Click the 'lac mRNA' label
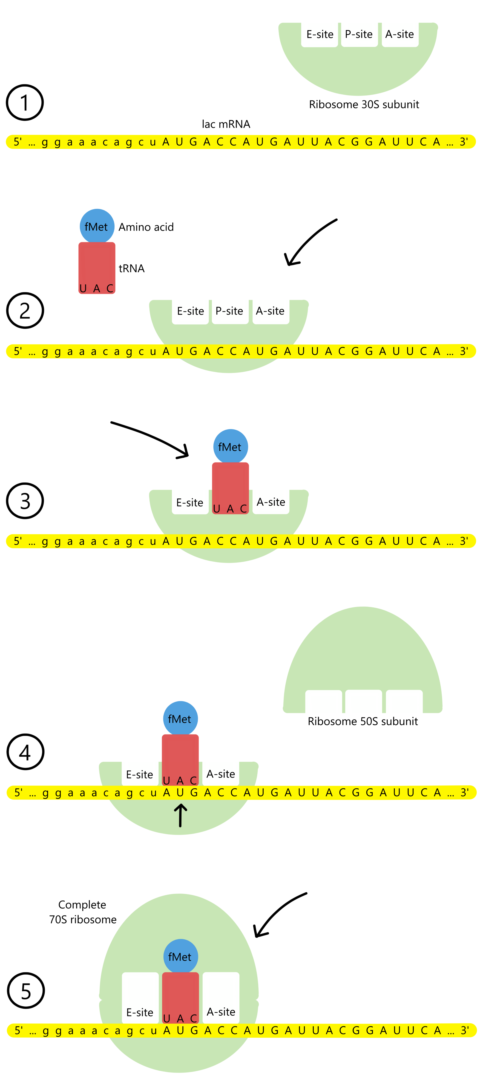(x=226, y=124)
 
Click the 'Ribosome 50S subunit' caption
(x=363, y=721)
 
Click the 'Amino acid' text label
(x=146, y=227)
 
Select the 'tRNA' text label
(x=132, y=268)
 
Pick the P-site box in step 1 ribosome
(x=359, y=34)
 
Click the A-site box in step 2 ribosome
(x=270, y=311)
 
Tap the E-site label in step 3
(x=190, y=502)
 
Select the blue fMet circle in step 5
(x=180, y=957)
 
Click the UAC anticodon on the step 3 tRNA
(x=230, y=509)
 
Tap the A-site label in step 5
(x=221, y=1012)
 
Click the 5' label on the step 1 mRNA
(x=18, y=142)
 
